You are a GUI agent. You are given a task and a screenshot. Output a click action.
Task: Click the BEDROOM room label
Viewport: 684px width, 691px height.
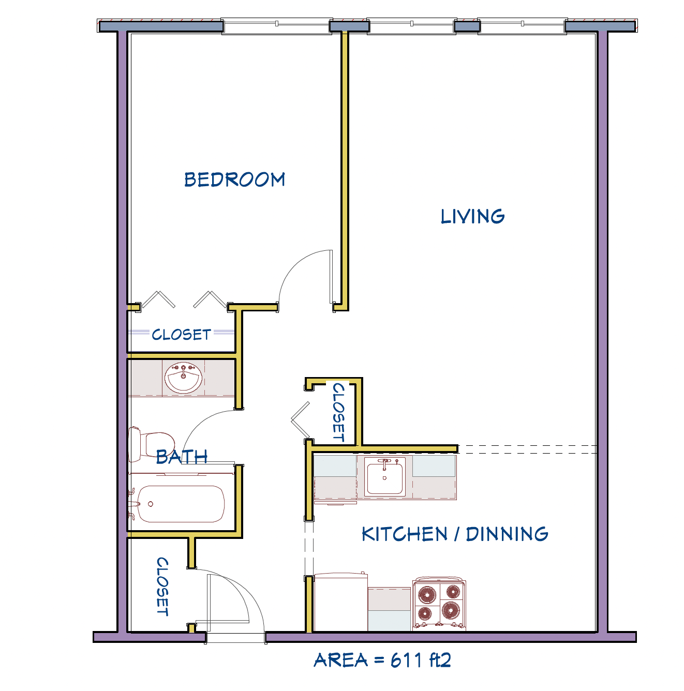tap(234, 179)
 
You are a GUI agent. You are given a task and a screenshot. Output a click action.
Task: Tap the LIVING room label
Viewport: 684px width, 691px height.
tap(472, 216)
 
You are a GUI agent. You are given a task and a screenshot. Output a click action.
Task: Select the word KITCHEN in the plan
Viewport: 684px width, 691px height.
tap(404, 534)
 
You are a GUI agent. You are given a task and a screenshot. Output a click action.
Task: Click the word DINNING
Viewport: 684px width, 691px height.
tap(507, 534)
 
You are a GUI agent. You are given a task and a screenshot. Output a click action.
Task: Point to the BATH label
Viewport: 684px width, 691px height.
tap(182, 457)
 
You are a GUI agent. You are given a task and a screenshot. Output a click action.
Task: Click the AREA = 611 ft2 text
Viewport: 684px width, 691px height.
tap(382, 660)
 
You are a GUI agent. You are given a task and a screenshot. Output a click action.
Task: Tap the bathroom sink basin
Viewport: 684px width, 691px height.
tap(183, 378)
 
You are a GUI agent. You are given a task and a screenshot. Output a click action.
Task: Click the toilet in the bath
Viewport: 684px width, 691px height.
tap(151, 444)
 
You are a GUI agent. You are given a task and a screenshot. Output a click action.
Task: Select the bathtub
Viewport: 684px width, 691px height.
tap(176, 503)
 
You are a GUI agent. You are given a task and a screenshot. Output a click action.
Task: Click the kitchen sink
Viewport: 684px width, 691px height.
tap(384, 477)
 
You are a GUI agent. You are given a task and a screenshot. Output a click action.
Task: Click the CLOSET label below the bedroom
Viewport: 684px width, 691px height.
tap(181, 334)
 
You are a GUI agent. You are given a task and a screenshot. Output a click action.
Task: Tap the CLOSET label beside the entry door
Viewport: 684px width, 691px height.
tap(162, 586)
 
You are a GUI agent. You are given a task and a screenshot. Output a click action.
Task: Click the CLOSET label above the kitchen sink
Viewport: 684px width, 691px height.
tap(339, 412)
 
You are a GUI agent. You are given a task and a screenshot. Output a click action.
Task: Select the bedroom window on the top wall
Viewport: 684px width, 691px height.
tap(276, 26)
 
